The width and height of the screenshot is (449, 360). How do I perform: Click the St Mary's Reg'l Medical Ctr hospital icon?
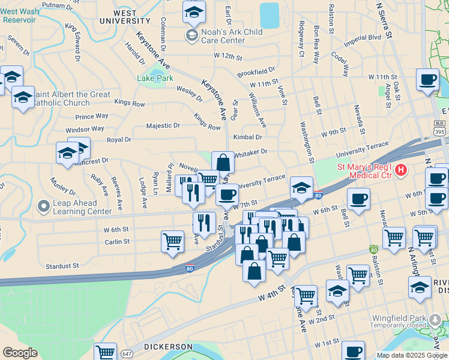click(x=400, y=170)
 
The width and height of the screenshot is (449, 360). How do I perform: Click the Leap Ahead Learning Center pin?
click(x=43, y=207)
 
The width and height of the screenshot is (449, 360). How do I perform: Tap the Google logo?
click(x=20, y=352)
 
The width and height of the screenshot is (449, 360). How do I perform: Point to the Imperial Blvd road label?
click(x=363, y=40)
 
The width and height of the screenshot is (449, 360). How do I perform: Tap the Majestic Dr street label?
click(x=163, y=126)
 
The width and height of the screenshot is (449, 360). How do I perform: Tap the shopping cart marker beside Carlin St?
click(x=172, y=241)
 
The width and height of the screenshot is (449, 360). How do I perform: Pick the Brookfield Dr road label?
click(x=256, y=72)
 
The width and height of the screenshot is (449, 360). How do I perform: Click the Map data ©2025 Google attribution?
click(x=412, y=355)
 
